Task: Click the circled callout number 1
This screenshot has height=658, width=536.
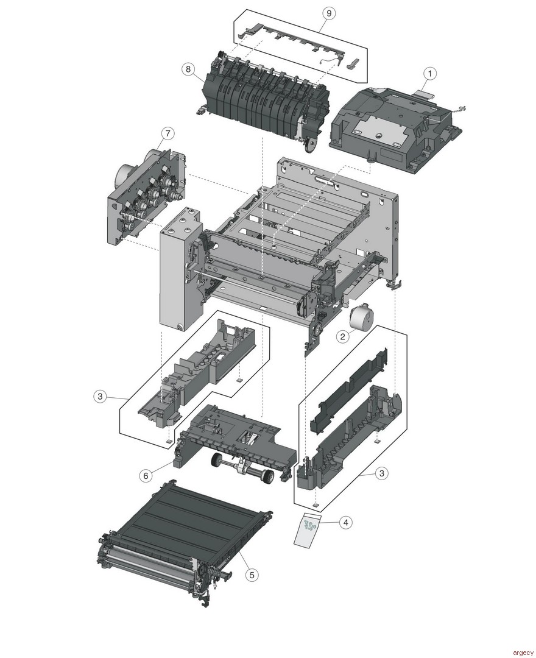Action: pos(430,73)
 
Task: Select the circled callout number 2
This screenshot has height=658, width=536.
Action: pos(344,336)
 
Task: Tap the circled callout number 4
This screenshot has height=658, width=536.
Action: pos(345,522)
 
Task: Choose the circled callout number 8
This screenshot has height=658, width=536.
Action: pos(188,68)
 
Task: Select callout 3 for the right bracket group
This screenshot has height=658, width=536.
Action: pos(381,473)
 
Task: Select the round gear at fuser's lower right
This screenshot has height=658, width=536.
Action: pos(311,144)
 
